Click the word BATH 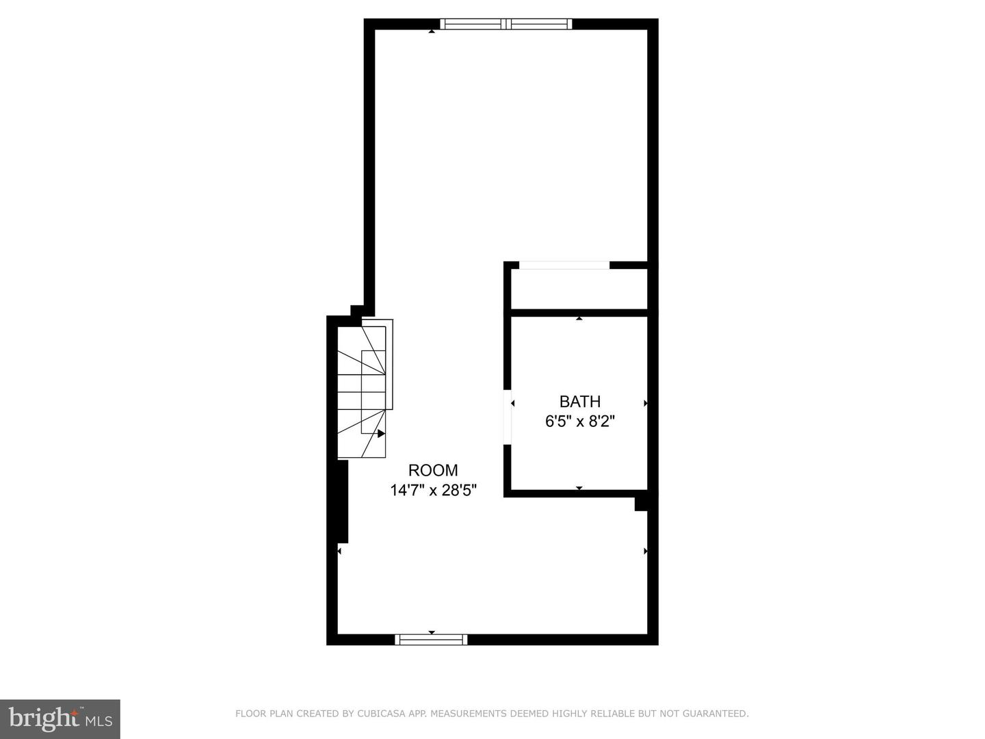pyautogui.click(x=580, y=401)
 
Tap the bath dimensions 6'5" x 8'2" pyautogui.click(x=580, y=422)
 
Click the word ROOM pyautogui.click(x=433, y=470)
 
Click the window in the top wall pyautogui.click(x=506, y=24)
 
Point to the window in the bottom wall pyautogui.click(x=431, y=639)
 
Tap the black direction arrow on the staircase pyautogui.click(x=381, y=433)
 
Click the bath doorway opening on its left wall pyautogui.click(x=508, y=417)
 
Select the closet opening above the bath pyautogui.click(x=564, y=265)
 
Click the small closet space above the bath pyautogui.click(x=579, y=289)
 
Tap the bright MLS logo pyautogui.click(x=60, y=719)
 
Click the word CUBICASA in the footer pyautogui.click(x=378, y=713)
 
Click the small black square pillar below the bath pyautogui.click(x=641, y=504)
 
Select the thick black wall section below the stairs pyautogui.click(x=343, y=501)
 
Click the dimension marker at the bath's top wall pyautogui.click(x=579, y=318)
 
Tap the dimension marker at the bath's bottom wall pyautogui.click(x=579, y=488)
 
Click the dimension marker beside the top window pyautogui.click(x=431, y=31)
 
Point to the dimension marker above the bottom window pyautogui.click(x=432, y=632)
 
